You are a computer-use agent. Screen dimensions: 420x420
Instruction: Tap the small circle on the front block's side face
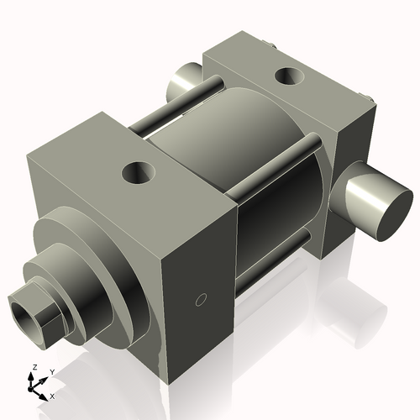tap(200, 298)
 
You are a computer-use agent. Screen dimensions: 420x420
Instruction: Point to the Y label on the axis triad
tap(51, 371)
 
